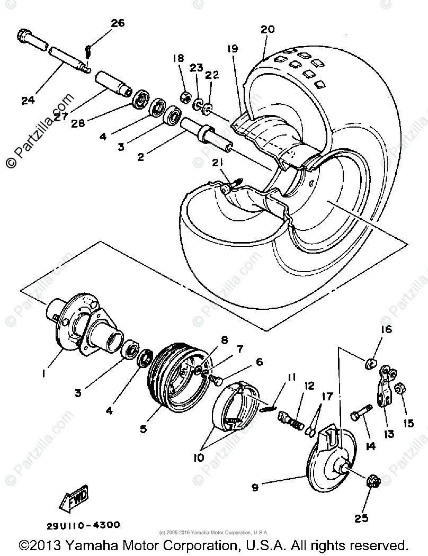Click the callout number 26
click(117, 23)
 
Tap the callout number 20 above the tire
click(267, 30)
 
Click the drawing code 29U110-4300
click(83, 525)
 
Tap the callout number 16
click(385, 330)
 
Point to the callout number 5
click(144, 429)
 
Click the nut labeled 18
click(186, 97)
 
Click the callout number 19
click(232, 49)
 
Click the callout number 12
click(309, 387)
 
